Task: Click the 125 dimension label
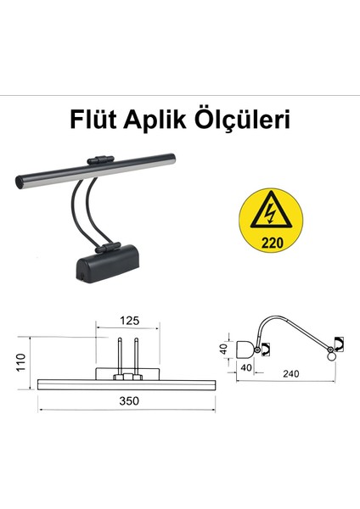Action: click(x=129, y=321)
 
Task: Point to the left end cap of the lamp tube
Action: click(x=20, y=182)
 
